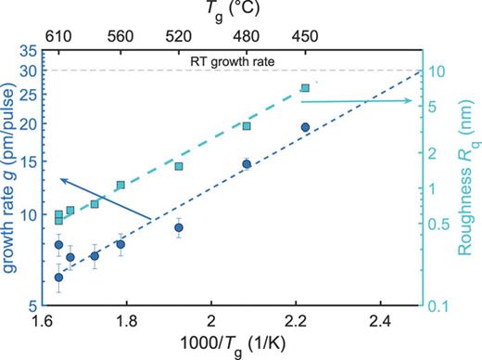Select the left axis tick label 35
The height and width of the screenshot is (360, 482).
(29, 54)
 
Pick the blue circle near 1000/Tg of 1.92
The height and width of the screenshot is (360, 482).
(179, 227)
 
